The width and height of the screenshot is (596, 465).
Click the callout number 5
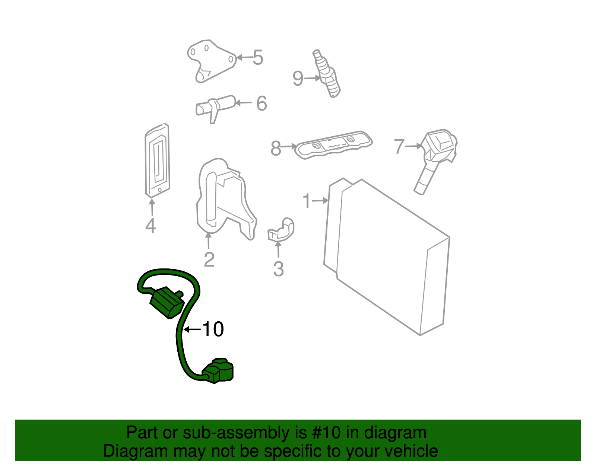[x=258, y=58]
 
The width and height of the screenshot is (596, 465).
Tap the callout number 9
[x=298, y=79]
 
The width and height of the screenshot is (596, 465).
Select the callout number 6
[x=261, y=103]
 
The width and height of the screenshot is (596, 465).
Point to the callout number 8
[x=276, y=148]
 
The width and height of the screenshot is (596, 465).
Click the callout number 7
[x=399, y=146]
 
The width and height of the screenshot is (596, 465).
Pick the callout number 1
[x=307, y=201]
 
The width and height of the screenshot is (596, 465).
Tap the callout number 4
[x=150, y=226]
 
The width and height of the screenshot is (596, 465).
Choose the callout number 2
[x=209, y=259]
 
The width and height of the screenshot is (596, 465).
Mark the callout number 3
[x=278, y=269]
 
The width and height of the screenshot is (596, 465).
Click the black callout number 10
[x=213, y=329]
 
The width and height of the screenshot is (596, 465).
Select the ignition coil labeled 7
[x=436, y=156]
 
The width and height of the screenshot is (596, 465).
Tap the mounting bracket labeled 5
[x=210, y=60]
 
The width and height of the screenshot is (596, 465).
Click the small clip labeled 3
[x=282, y=230]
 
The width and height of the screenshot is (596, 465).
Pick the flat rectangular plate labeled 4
[x=157, y=160]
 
